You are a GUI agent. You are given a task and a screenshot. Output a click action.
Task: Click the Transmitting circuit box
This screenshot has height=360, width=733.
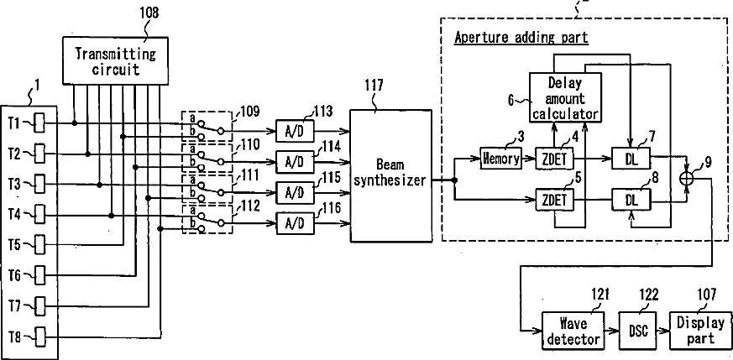(116, 60)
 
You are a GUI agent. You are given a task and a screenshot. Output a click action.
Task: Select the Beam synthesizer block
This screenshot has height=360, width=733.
(390, 175)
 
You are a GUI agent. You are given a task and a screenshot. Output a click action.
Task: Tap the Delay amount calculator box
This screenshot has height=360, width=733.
(564, 97)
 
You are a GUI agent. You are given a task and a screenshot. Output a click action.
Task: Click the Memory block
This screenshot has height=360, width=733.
(500, 159)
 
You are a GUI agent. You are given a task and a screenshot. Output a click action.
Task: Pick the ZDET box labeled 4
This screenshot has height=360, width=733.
(555, 159)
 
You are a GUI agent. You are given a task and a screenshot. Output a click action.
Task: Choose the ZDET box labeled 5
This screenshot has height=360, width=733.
(555, 201)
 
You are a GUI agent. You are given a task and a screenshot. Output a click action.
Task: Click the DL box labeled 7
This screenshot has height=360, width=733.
(631, 159)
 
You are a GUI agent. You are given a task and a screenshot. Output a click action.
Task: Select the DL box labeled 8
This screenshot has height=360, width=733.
(631, 201)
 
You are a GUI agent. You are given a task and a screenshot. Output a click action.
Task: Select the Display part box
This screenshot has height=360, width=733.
(698, 330)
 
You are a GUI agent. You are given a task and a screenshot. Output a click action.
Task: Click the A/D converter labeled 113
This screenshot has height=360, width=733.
(295, 130)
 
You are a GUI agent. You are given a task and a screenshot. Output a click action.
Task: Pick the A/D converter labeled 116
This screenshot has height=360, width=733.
(295, 224)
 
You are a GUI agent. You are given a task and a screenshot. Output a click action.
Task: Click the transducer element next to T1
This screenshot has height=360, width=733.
(40, 123)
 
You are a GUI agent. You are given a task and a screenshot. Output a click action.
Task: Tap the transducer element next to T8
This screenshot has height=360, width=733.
(40, 337)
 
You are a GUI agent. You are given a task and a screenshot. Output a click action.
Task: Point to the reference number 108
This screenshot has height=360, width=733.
(149, 12)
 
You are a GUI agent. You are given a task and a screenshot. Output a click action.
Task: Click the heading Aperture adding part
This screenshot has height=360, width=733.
(521, 38)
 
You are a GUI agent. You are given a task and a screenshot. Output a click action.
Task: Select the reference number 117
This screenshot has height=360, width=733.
(374, 86)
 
